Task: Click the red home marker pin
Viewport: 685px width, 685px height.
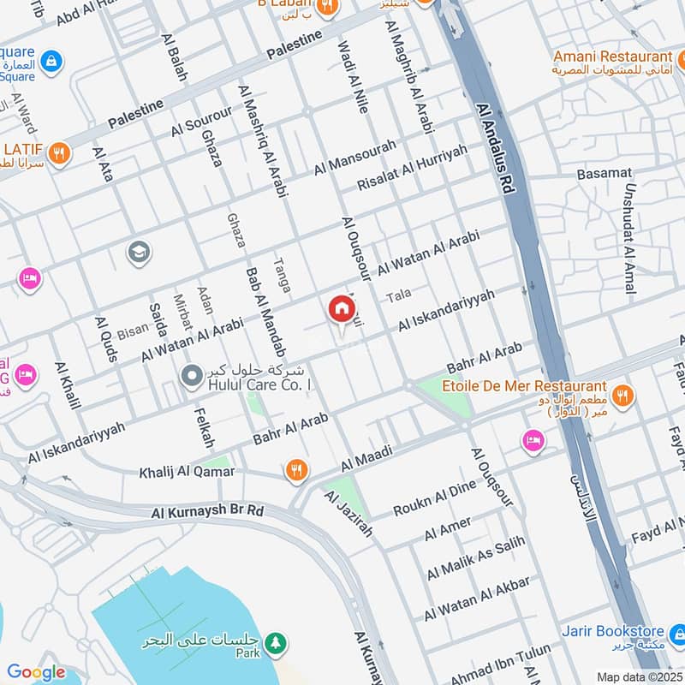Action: [x=341, y=309]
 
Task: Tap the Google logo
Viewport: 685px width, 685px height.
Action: [x=36, y=672]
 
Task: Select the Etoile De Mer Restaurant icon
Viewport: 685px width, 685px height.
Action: [x=622, y=396]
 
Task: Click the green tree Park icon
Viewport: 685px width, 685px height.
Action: [x=274, y=642]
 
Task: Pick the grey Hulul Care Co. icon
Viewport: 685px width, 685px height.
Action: [x=191, y=375]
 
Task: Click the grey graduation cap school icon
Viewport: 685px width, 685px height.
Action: [x=137, y=252]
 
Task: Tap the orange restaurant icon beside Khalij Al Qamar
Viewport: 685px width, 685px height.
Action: [x=296, y=469]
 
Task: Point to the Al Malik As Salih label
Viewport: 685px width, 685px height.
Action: [x=474, y=559]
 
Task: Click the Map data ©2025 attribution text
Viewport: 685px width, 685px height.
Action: [x=639, y=676]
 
